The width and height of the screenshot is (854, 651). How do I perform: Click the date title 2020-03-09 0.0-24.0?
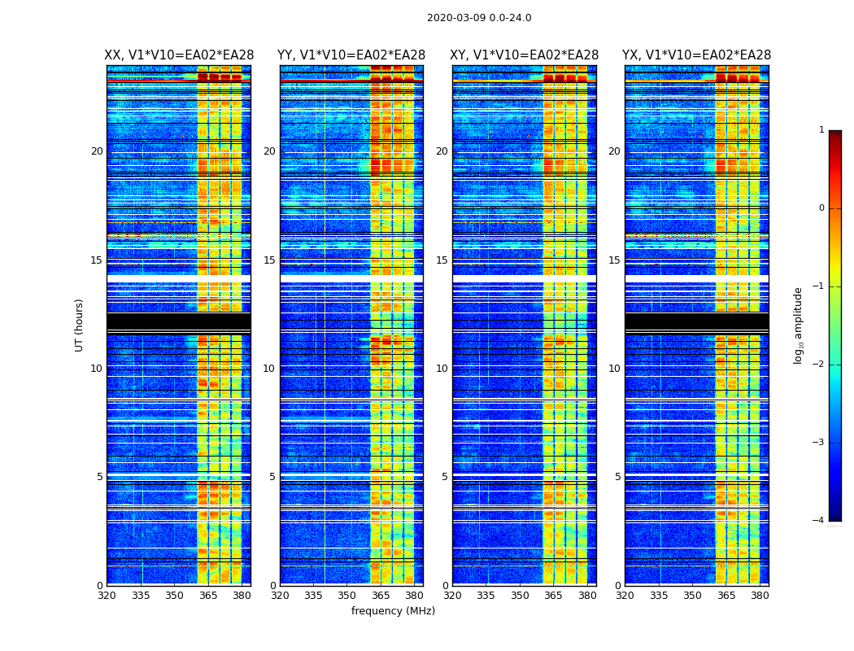479,18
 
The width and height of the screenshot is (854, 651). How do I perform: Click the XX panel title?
179,55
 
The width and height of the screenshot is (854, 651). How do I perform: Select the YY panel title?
351,55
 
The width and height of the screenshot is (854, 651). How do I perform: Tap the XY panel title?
525,55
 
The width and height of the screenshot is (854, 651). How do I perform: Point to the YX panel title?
696,55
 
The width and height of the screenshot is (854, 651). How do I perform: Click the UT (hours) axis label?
80,325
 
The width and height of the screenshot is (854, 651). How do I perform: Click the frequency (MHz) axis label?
393,611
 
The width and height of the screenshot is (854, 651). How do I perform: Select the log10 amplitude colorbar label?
799,325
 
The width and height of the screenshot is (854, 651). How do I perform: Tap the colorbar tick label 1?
821,130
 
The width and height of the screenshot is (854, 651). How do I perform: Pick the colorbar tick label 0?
821,208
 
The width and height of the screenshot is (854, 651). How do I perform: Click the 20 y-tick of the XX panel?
97,151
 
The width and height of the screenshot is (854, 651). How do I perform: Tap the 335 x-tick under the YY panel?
313,596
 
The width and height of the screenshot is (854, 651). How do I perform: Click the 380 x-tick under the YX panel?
760,596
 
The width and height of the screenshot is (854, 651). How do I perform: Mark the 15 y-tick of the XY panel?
442,260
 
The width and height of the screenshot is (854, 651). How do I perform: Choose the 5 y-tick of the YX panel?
618,477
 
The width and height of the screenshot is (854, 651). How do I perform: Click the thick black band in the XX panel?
178,322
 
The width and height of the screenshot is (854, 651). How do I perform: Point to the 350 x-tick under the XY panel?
520,596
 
